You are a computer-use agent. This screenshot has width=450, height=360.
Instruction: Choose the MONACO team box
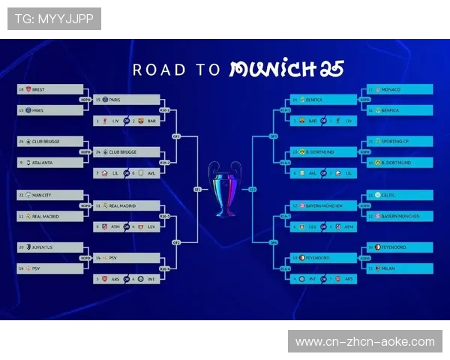coord(399,89)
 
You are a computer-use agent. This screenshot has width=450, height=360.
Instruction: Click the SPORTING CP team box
coord(399,141)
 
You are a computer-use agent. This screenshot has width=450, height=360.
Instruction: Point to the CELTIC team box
coord(399,195)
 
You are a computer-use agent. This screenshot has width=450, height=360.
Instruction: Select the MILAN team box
coord(399,268)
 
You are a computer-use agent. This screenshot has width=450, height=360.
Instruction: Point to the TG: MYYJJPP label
coord(54,19)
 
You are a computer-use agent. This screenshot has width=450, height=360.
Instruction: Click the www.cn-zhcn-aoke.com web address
coord(365,342)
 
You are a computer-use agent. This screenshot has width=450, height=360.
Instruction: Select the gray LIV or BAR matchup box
coord(127,120)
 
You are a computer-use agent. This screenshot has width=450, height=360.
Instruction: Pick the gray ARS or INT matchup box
coord(127,279)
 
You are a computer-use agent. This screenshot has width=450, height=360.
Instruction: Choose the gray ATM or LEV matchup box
coord(127,226)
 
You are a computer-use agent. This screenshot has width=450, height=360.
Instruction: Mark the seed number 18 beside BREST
coord(22,89)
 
